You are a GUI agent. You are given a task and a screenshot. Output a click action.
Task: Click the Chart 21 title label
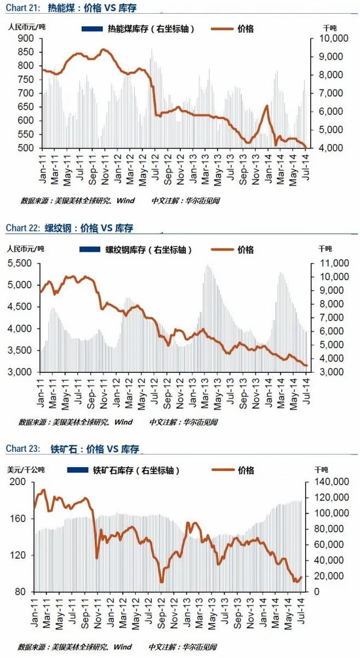pyautogui.click(x=22, y=8)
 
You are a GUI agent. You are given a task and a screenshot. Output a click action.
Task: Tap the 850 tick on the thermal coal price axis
pyautogui.click(x=26, y=52)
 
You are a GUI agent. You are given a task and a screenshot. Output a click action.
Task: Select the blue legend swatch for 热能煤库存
pyautogui.click(x=92, y=29)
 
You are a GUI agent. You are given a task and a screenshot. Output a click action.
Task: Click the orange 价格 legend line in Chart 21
pyautogui.click(x=222, y=29)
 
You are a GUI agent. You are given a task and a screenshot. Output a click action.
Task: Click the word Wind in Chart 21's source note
pyautogui.click(x=125, y=201)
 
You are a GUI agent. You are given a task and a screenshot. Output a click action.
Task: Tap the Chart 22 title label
pyautogui.click(x=22, y=228)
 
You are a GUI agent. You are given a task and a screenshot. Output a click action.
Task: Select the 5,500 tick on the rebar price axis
pyautogui.click(x=19, y=263)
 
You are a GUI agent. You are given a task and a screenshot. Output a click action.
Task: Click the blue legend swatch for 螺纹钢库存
pyautogui.click(x=89, y=249)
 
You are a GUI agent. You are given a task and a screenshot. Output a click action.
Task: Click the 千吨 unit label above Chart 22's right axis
pyautogui.click(x=325, y=249)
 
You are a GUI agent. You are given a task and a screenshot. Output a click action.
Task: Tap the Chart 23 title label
pyautogui.click(x=22, y=449)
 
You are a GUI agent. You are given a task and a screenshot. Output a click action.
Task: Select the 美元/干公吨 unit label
pyautogui.click(x=26, y=470)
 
